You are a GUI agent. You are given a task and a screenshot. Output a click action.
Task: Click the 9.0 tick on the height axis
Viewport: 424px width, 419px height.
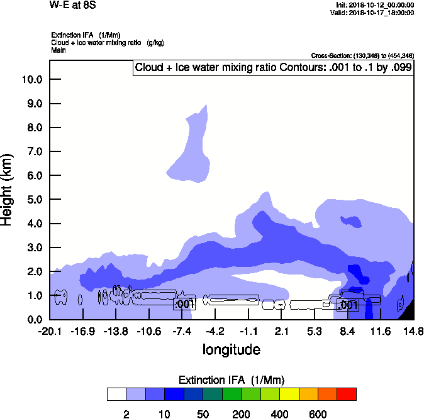click(32, 104)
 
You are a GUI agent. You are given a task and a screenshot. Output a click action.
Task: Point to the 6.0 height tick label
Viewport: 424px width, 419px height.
click(32, 175)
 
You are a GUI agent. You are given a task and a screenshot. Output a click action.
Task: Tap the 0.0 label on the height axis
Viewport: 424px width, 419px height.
click(32, 319)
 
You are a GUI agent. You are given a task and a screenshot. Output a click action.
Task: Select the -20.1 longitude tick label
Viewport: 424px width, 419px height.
click(50, 331)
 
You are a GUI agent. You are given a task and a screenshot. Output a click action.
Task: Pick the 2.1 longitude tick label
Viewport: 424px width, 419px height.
click(281, 331)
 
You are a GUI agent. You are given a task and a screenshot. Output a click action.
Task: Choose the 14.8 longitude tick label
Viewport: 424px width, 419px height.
click(413, 331)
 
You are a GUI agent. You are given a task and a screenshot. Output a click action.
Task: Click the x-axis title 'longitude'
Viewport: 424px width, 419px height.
click(232, 349)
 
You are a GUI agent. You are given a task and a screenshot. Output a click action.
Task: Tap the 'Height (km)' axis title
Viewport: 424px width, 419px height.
click(8, 188)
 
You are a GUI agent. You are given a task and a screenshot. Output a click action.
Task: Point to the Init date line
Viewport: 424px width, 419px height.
click(375, 5)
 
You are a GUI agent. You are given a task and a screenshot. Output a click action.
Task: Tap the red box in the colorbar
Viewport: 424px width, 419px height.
click(347, 394)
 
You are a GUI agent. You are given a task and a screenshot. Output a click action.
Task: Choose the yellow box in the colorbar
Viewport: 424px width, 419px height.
click(289, 394)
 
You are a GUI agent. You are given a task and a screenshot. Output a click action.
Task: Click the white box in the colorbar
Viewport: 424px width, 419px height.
click(116, 394)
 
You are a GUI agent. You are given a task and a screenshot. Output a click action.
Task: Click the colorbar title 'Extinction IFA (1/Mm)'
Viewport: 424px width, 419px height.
click(232, 380)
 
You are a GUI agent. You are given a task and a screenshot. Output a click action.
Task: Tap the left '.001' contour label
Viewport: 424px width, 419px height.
click(184, 304)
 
